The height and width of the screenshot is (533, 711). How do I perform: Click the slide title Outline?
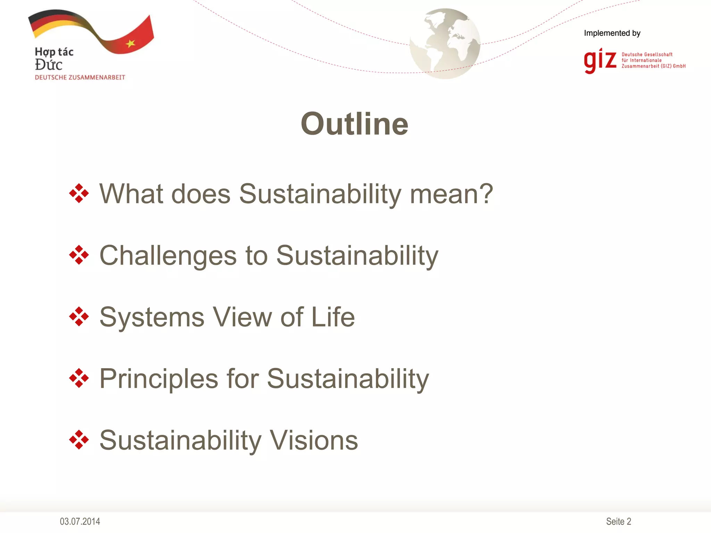pyautogui.click(x=354, y=124)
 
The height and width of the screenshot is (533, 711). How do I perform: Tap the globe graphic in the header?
pyautogui.click(x=445, y=44)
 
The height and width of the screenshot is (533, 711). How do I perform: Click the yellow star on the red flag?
pyautogui.click(x=131, y=43)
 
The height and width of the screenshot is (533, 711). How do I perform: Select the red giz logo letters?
pyautogui.click(x=600, y=61)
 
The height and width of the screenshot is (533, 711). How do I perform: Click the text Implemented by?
pyautogui.click(x=612, y=33)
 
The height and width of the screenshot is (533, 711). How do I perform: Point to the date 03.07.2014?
pyautogui.click(x=80, y=521)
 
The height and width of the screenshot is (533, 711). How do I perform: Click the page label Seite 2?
pyautogui.click(x=618, y=521)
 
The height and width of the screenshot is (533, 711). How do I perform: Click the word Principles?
pyautogui.click(x=159, y=379)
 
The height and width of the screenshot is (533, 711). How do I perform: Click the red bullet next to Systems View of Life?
pyautogui.click(x=79, y=316)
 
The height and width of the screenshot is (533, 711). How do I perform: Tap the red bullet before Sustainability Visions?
pyautogui.click(x=79, y=440)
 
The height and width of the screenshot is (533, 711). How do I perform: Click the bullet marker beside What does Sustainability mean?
pyautogui.click(x=79, y=193)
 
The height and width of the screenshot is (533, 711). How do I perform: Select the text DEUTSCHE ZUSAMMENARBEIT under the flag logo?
pyautogui.click(x=80, y=77)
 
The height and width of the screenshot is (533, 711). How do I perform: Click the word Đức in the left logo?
pyautogui.click(x=49, y=65)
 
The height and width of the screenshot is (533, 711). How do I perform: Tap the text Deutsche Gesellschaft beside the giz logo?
pyautogui.click(x=647, y=54)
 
